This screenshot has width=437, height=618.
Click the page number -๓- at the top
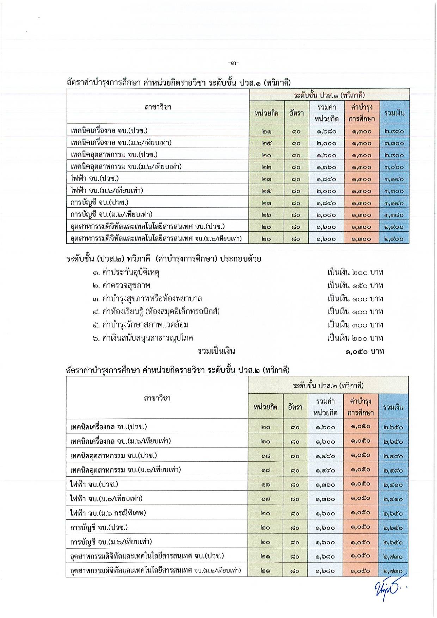tap(233, 63)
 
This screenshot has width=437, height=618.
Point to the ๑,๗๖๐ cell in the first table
tap(326, 167)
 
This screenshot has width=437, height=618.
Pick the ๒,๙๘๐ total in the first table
tap(394, 132)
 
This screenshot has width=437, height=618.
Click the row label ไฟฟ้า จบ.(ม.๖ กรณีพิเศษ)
tap(108, 513)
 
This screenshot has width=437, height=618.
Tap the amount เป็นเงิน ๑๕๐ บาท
tap(355, 285)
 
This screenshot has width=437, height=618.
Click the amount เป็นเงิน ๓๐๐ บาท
tap(355, 325)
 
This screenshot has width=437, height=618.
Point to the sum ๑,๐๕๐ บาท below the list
tap(364, 351)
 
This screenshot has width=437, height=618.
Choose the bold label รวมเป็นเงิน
tap(216, 351)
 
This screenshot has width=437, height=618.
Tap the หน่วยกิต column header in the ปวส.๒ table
tap(265, 407)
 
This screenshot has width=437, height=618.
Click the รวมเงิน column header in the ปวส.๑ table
tap(394, 113)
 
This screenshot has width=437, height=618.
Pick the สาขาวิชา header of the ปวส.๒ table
tap(157, 398)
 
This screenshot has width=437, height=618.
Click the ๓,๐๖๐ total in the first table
tap(394, 167)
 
